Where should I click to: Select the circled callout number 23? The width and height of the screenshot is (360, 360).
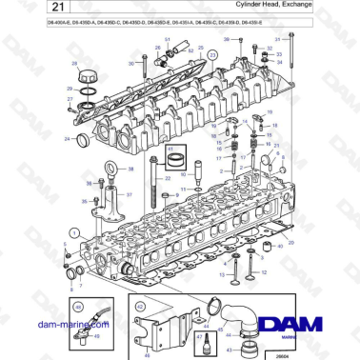tap(213, 56)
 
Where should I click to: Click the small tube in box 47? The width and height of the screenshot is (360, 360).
tap(202, 341)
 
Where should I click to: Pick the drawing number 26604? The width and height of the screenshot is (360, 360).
tap(281, 353)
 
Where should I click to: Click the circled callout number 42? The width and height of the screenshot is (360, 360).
tap(140, 307)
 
